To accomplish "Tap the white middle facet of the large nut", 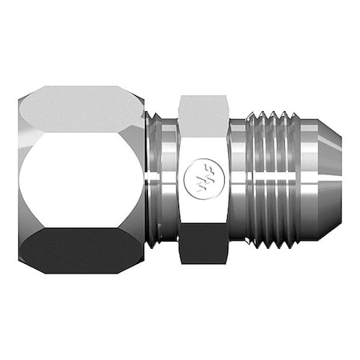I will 80,180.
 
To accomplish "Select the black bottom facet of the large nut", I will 80,250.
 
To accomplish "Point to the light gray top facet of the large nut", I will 80,110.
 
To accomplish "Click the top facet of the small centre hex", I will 203,113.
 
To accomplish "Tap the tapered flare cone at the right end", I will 320,180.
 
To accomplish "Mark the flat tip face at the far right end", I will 339,180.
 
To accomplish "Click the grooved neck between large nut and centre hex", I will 164,180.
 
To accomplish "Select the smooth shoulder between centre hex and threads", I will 238,180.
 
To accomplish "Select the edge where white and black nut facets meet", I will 80,227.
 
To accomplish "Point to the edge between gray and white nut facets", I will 80,133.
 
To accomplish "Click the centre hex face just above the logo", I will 203,148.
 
